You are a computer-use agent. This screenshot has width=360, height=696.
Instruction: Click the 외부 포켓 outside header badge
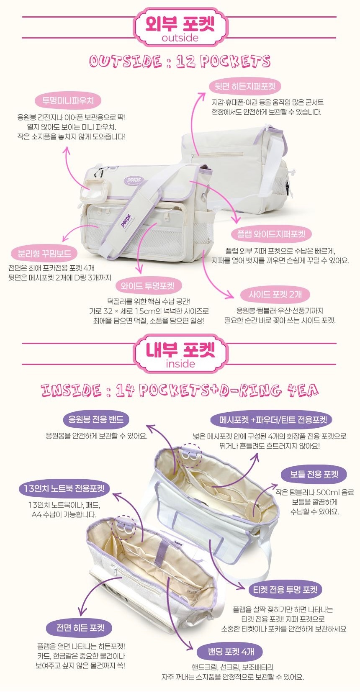(180, 27)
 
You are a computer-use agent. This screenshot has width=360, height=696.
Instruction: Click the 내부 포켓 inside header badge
(180, 354)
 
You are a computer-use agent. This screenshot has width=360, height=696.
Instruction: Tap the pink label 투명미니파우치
(68, 101)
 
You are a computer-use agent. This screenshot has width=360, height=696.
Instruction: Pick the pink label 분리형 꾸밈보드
(44, 253)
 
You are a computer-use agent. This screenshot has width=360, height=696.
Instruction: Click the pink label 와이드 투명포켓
(147, 285)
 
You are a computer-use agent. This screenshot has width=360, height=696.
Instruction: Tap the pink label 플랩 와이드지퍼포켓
(271, 234)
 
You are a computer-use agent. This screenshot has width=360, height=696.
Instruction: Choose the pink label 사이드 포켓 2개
(275, 294)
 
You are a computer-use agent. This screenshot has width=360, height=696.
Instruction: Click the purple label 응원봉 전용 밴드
(96, 419)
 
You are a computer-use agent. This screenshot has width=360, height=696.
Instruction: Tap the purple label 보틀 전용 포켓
(314, 475)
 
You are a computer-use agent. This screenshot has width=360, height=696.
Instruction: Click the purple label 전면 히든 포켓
(80, 628)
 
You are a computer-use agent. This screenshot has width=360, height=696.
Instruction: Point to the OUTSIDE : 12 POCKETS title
(180, 61)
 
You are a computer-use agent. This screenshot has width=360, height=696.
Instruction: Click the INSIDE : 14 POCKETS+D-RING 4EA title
(180, 390)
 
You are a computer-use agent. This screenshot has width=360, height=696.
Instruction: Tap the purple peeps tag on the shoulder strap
(126, 220)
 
